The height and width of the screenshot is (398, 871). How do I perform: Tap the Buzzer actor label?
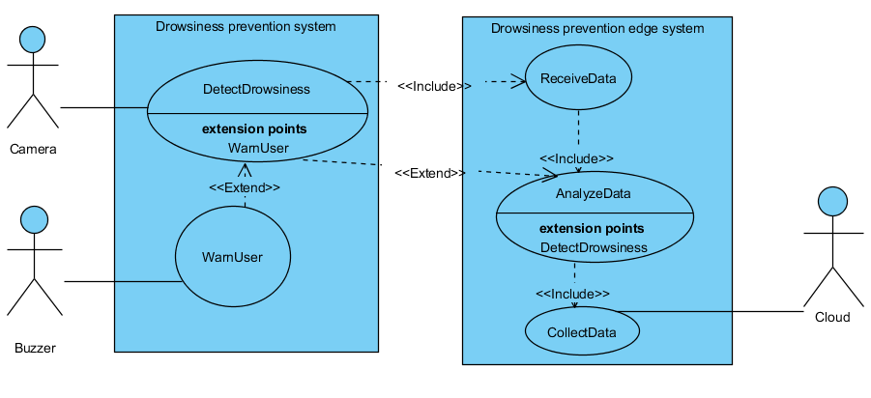[x=35, y=348]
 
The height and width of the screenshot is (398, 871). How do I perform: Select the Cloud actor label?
[x=832, y=317]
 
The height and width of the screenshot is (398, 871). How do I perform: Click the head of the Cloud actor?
[x=832, y=201]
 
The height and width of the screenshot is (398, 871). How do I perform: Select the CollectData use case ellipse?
[x=582, y=332]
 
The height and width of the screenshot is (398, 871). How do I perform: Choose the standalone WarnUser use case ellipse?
[x=232, y=257]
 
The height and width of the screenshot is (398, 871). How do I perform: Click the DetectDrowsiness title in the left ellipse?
[x=256, y=90]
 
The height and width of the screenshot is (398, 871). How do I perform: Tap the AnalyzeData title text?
[x=593, y=193]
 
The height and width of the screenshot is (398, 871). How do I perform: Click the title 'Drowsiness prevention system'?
[x=246, y=27]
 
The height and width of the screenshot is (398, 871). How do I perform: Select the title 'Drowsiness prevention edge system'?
[x=596, y=29]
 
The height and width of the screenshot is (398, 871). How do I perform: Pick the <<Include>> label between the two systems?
[x=434, y=86]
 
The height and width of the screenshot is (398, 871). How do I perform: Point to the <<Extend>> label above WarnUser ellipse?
[x=246, y=187]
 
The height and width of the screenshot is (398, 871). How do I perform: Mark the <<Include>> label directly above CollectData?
[x=573, y=294]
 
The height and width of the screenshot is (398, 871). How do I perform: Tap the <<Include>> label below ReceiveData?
[x=576, y=158]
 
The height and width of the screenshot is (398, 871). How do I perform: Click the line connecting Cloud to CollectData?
[x=715, y=311]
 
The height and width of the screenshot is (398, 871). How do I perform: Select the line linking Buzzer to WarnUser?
[x=121, y=282]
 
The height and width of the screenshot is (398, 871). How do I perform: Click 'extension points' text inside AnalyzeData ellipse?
[x=592, y=229]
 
